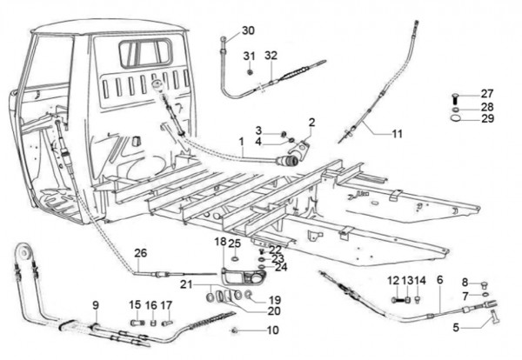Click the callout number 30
tap(248, 30)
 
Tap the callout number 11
tap(398, 134)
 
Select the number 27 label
tap(486, 94)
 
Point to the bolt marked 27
tap(454, 99)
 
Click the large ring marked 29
tap(455, 117)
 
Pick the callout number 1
tap(242, 142)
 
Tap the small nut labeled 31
tap(250, 72)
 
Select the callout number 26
tap(140, 253)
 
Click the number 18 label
tap(220, 242)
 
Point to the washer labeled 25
tap(235, 259)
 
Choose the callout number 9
tap(96, 305)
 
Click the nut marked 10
tap(235, 330)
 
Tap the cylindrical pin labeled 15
tap(137, 323)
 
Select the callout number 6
tap(439, 280)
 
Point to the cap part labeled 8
tap(485, 284)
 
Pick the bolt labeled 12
tap(397, 300)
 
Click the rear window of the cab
tap(145, 52)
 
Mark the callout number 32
tap(271, 56)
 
